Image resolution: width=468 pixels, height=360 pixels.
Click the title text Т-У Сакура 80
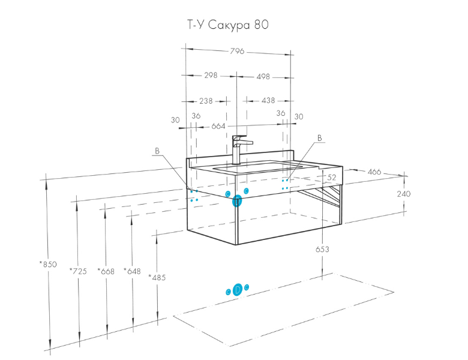(x=228, y=25)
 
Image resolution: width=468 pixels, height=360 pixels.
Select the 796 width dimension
(x=237, y=52)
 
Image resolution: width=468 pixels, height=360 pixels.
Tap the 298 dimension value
(x=211, y=75)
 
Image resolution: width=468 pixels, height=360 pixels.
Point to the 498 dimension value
(x=263, y=77)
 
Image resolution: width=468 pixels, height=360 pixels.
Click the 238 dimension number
(x=206, y=101)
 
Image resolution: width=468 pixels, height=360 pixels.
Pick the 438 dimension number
(x=268, y=100)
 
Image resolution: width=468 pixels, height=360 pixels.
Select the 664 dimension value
(x=218, y=126)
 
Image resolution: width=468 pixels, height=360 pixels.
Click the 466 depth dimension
(x=374, y=172)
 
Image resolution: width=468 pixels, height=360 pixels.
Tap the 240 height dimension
(x=404, y=194)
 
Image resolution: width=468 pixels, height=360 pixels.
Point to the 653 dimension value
(x=322, y=249)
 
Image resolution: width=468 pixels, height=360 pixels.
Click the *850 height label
(x=48, y=264)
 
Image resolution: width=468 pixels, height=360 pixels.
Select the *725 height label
(x=78, y=271)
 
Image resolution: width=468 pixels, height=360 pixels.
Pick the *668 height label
(x=106, y=271)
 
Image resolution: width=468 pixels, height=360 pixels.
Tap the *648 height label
(x=132, y=271)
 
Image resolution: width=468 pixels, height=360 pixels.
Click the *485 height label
(x=157, y=278)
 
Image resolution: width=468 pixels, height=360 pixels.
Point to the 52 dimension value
(x=332, y=178)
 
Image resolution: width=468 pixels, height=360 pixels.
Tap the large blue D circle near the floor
(x=237, y=290)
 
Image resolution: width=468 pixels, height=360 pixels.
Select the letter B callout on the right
(x=320, y=138)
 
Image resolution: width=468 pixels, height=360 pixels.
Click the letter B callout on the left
(x=157, y=151)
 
